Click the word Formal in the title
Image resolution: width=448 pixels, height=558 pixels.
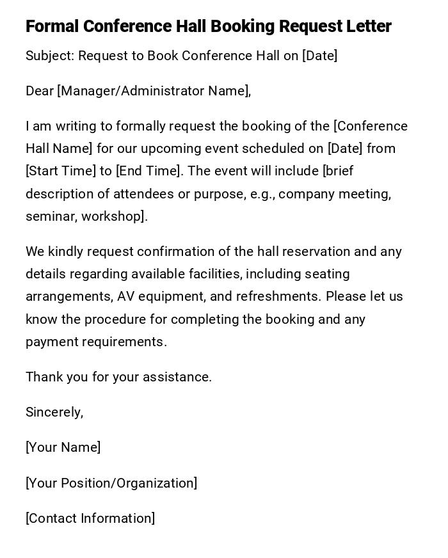[x=52, y=26]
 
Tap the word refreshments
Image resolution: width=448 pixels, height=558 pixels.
[x=277, y=297]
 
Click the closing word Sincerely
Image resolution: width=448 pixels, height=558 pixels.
[x=54, y=412]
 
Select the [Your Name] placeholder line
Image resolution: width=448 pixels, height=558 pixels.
[x=63, y=447]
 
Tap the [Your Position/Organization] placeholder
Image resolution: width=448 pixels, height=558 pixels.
[x=111, y=483]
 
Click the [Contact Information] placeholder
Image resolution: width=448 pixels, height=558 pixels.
[x=90, y=518]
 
